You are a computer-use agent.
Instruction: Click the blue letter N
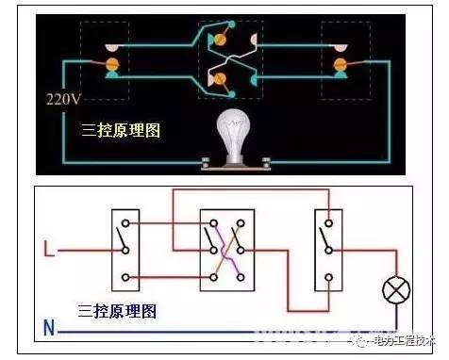pyautogui.click(x=48, y=331)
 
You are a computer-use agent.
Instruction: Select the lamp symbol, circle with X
pyautogui.click(x=393, y=288)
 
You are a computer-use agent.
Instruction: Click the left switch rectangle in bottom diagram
pyautogui.click(x=125, y=250)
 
